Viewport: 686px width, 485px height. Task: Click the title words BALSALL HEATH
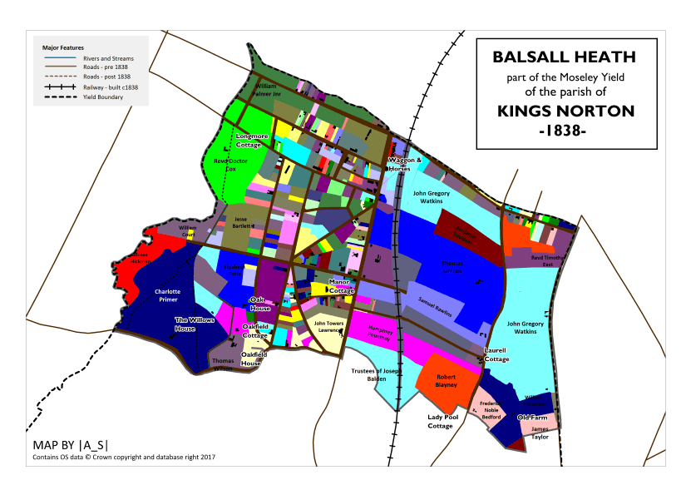[564, 58]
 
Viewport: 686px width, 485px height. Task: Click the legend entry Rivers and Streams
[108, 59]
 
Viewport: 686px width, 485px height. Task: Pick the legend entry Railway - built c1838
[111, 87]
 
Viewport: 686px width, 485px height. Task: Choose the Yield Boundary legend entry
[103, 97]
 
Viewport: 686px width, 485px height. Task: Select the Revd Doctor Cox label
[231, 164]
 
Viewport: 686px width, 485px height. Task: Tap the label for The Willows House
[196, 324]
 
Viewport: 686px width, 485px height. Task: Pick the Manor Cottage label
[342, 286]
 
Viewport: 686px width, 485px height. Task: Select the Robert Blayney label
[447, 380]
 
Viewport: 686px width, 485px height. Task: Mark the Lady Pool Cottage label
[441, 421]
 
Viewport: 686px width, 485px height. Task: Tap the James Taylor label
[540, 432]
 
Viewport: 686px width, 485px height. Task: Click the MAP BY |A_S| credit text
[70, 443]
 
